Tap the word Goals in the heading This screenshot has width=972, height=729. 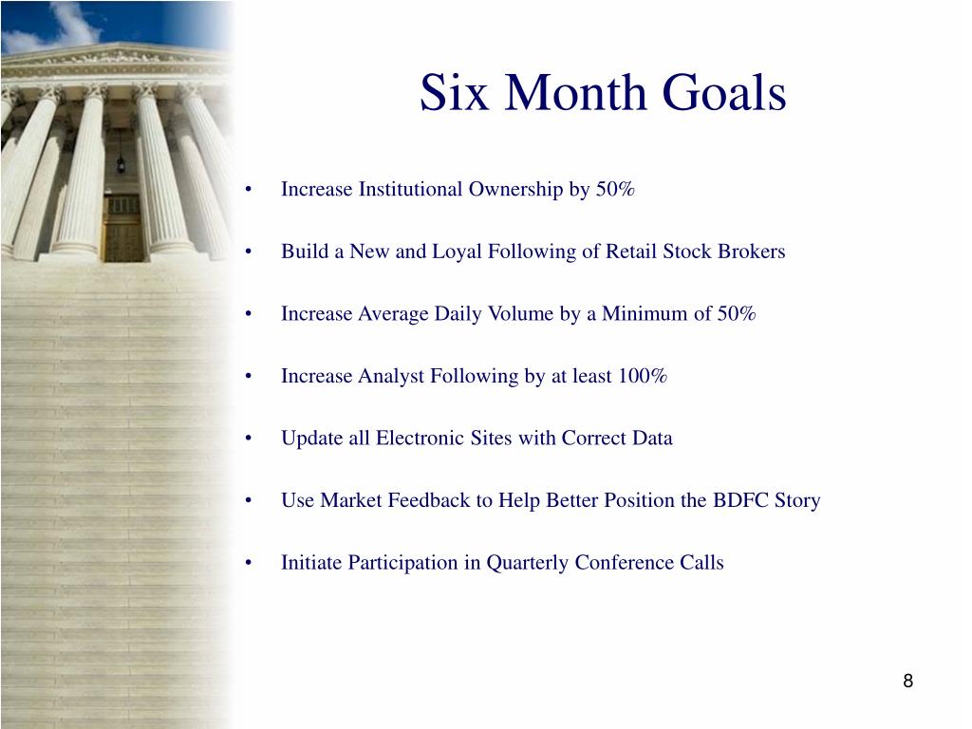pyautogui.click(x=724, y=92)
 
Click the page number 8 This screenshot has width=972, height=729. pyautogui.click(x=908, y=681)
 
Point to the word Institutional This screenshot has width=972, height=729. pyautogui.click(x=410, y=189)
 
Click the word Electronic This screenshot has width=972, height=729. pyautogui.click(x=420, y=438)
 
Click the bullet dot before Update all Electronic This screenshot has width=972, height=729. pyautogui.click(x=249, y=439)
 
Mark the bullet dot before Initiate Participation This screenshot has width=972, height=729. pyautogui.click(x=249, y=563)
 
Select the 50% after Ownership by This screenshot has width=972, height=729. pyautogui.click(x=615, y=189)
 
